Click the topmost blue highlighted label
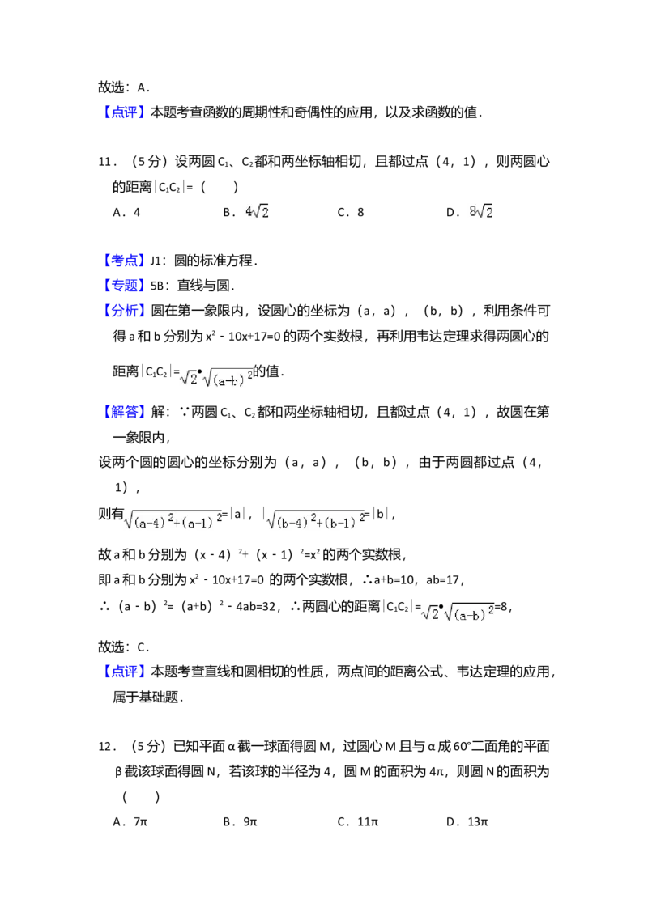tap(126, 113)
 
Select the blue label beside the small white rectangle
tap(125, 261)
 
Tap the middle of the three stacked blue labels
tap(125, 286)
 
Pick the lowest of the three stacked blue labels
tap(125, 310)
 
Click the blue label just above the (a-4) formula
tap(125, 413)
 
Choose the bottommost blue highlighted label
tap(126, 671)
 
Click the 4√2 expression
tap(256, 211)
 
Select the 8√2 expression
tap(483, 211)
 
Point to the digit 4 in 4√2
tap(248, 212)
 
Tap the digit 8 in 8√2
tap(473, 212)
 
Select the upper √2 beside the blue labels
tap(187, 378)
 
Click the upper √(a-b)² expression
tap(230, 379)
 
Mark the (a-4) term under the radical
tap(151, 523)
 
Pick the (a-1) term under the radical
tap(202, 523)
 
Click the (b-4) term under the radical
tap(294, 523)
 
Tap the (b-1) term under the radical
tap(345, 523)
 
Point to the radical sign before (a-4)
tap(128, 519)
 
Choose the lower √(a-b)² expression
tap(470, 614)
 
